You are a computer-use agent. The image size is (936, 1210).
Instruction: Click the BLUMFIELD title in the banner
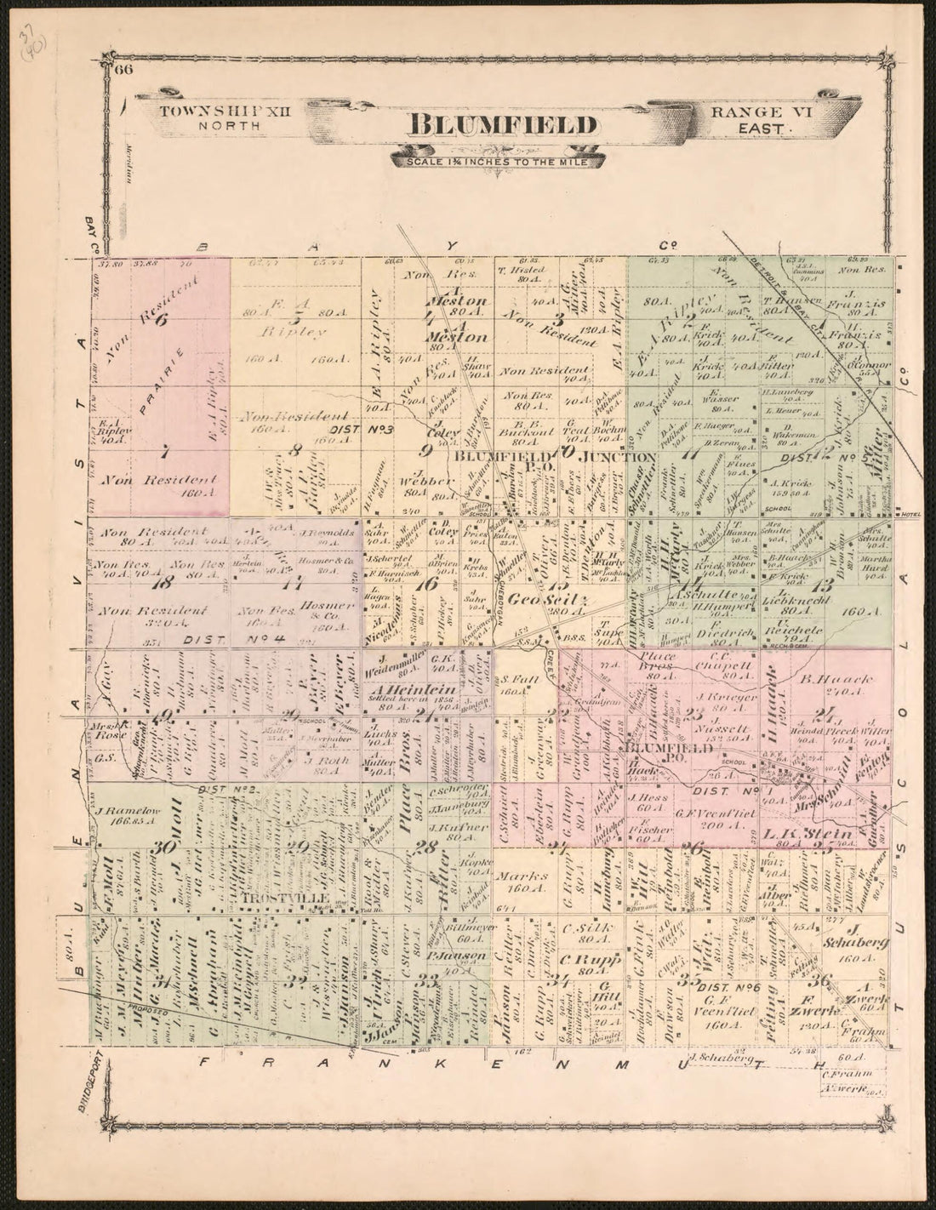pos(502,124)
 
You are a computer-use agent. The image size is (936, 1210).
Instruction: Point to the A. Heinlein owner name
pos(402,689)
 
